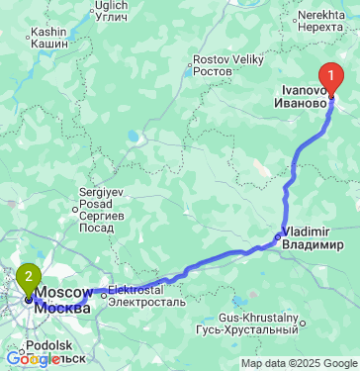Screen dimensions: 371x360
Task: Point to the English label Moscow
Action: tap(64, 294)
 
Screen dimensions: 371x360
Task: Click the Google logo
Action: tap(34, 359)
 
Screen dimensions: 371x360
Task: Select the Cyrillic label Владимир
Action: tap(313, 243)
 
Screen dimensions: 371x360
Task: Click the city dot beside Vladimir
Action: tap(277, 235)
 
